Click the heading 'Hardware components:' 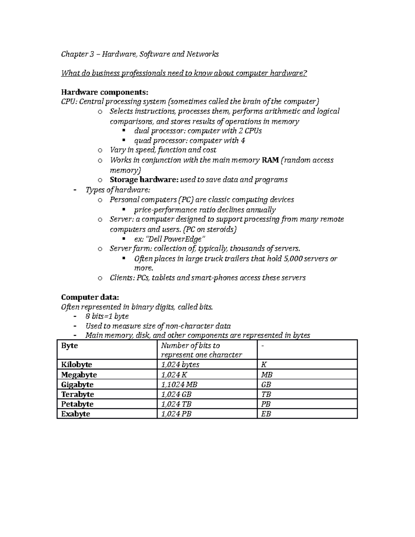tap(104, 92)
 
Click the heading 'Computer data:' tap(90, 297)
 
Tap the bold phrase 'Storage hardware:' tap(144, 180)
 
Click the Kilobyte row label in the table tap(76, 364)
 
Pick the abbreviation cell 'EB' tap(266, 414)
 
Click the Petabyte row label tap(77, 404)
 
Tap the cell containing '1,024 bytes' tap(180, 364)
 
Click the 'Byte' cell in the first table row tap(70, 346)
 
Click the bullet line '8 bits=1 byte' tap(107, 316)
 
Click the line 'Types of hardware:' tap(118, 190)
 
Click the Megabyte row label tap(79, 375)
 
